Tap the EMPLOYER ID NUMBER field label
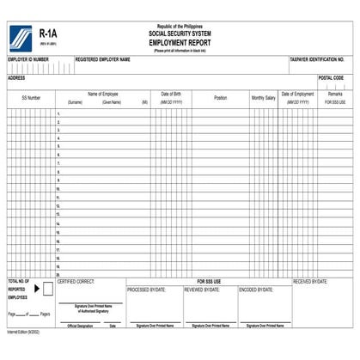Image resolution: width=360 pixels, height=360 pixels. point(28,60)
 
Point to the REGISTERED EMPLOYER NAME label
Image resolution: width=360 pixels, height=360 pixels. point(103,60)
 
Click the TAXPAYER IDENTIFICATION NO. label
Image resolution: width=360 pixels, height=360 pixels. point(317,60)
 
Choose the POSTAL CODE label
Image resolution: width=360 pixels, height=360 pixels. point(331,77)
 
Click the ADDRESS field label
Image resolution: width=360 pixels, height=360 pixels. point(16,77)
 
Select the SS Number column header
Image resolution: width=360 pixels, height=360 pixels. point(31,98)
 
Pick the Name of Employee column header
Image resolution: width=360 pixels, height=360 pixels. point(103,94)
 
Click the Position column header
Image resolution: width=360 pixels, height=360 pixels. point(220,98)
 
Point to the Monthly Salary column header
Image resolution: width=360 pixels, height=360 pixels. point(264,98)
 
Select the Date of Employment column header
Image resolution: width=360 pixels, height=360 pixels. point(298,94)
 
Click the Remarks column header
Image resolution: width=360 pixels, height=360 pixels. point(335,94)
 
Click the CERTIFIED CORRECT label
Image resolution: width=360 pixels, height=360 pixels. point(76,281)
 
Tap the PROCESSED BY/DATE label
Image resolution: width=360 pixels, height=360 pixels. point(145,290)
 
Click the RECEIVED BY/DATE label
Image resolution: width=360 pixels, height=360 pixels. point(311,281)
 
